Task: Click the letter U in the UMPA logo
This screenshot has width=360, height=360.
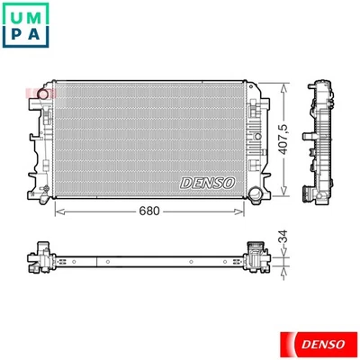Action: tap(16, 16)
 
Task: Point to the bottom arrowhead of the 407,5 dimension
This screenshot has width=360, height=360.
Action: tap(287, 193)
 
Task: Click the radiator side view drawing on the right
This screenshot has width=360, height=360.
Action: tap(321, 139)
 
